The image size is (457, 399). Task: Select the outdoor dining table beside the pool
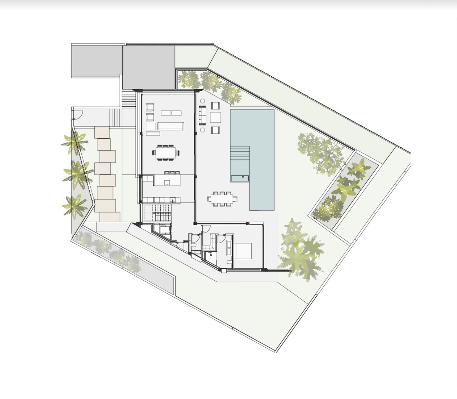point(223,199)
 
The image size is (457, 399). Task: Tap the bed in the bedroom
point(243,250)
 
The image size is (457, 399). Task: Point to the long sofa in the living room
point(171,126)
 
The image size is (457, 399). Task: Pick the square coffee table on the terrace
point(215,117)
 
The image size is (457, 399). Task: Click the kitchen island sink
point(167,183)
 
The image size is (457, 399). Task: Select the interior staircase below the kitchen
point(157,213)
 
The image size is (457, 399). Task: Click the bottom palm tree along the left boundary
point(74,206)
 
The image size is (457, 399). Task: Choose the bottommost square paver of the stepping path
point(110,217)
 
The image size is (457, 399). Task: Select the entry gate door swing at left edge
point(78,114)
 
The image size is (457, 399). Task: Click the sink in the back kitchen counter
point(172,200)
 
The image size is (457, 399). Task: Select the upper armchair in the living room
point(150,107)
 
